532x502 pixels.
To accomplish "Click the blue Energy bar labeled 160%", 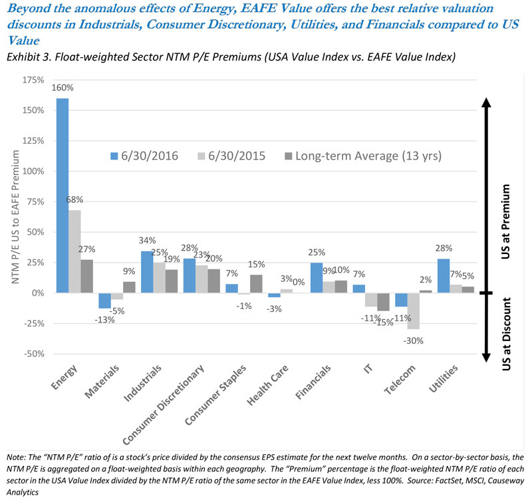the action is (63, 195).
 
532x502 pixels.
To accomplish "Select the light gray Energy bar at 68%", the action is (74, 251).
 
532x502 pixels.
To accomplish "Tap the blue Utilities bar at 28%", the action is (444, 276).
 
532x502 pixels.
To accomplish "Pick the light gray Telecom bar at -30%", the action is (413, 311).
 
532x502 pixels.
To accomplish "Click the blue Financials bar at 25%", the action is (317, 277).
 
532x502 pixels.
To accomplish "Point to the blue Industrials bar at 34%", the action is (147, 272).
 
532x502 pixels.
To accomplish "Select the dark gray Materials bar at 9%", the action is (129, 287).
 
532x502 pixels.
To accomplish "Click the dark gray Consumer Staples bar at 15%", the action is (256, 283).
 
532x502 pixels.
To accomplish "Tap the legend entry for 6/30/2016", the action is (144, 156).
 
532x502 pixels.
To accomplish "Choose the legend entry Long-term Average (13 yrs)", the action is (363, 156).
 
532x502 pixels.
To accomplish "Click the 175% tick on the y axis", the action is (33, 80).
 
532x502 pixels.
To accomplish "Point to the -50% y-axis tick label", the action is (34, 354).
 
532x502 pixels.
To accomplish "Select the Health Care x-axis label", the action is (267, 386).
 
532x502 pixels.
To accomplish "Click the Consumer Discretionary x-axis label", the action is (163, 405).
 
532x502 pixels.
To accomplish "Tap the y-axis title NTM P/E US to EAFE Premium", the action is (15, 217).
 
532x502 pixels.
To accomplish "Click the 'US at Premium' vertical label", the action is (505, 221).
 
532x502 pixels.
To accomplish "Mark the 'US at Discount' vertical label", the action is (506, 334).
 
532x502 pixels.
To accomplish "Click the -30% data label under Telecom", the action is (413, 340).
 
